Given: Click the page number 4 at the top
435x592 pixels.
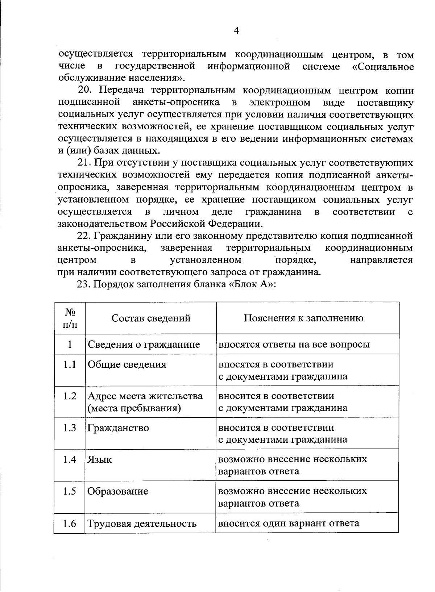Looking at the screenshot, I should click(236, 30).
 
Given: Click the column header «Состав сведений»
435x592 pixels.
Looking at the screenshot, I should click(151, 318).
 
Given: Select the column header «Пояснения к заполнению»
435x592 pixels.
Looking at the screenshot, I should click(303, 318).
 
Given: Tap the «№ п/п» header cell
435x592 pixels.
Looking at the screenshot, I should click(70, 318).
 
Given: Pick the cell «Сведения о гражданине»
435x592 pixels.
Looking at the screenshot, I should click(144, 344).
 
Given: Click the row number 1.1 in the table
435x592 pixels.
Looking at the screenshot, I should click(70, 364).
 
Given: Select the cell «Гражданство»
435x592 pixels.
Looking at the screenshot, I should click(118, 428).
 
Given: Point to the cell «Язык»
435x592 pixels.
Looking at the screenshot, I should click(99, 459).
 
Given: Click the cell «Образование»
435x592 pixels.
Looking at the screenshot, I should click(117, 491).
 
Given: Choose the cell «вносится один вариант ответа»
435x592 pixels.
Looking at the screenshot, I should click(289, 523).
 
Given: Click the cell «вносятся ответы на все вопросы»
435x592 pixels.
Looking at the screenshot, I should click(294, 344).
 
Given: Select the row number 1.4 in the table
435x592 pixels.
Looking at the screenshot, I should click(70, 459).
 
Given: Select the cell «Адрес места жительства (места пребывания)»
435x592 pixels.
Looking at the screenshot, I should click(145, 402).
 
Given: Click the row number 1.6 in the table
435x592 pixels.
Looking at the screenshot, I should click(70, 523).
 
